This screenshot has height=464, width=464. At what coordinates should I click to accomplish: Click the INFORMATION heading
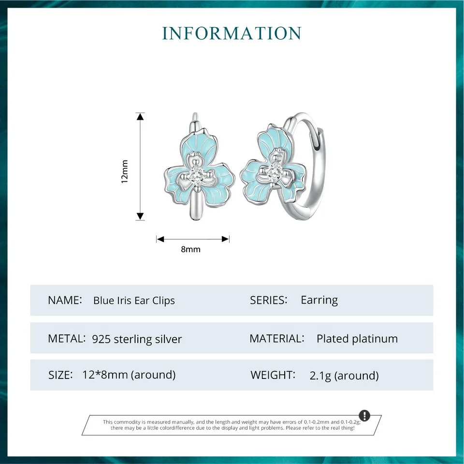click(232, 33)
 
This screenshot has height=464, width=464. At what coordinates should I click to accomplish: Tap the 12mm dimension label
click(124, 171)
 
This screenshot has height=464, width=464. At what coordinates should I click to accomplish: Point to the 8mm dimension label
click(190, 249)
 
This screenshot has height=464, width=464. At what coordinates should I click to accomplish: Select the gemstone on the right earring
click(275, 170)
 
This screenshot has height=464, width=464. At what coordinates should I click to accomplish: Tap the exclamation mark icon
click(364, 416)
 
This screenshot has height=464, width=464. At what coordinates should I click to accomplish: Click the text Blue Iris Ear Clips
click(134, 300)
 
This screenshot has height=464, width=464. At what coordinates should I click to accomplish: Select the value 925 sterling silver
click(137, 339)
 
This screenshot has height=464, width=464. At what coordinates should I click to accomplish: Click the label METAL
click(67, 338)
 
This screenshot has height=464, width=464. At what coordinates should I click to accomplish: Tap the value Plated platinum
click(357, 339)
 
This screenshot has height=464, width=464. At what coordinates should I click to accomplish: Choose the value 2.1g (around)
click(344, 376)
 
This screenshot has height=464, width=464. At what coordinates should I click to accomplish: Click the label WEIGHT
click(273, 375)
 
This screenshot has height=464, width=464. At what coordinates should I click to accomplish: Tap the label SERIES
click(268, 300)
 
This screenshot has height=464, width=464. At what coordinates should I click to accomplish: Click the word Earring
click(319, 300)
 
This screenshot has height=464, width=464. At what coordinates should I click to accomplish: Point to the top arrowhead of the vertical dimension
click(140, 116)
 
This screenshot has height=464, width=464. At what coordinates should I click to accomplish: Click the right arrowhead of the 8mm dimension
click(225, 239)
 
